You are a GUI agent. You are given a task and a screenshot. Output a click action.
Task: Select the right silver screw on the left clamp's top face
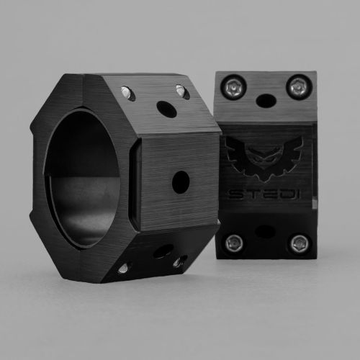tap(180, 90)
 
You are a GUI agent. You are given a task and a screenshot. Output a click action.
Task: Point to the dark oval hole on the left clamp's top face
tap(166, 109)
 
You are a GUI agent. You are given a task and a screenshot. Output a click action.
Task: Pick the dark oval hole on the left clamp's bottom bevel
tap(163, 251)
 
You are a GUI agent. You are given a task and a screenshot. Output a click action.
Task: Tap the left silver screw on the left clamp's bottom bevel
tap(123, 268)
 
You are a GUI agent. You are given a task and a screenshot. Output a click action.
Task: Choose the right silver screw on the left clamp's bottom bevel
tap(177, 263)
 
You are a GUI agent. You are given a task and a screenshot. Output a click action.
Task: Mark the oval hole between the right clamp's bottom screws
tap(266, 231)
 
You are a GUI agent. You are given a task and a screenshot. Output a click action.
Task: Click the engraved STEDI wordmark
tap(265, 195)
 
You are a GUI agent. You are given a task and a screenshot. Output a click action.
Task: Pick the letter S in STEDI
tap(236, 195)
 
